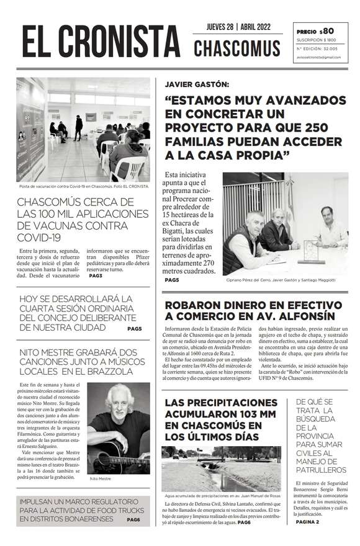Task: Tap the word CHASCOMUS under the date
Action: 236,48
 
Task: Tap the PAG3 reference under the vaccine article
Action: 96,275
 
